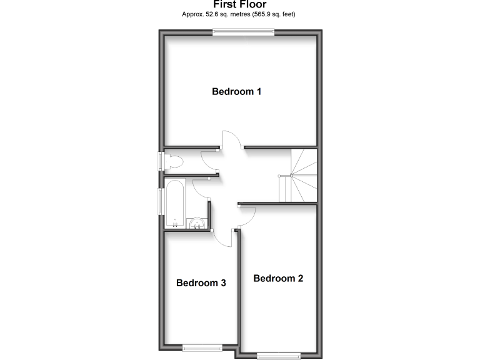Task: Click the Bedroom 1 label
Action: [236, 92]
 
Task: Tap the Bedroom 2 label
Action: [278, 278]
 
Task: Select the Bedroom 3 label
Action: [201, 282]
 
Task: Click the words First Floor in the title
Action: [239, 4]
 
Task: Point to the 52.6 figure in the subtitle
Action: [216, 13]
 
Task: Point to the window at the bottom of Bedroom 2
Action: [278, 356]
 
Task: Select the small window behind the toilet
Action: [162, 161]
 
